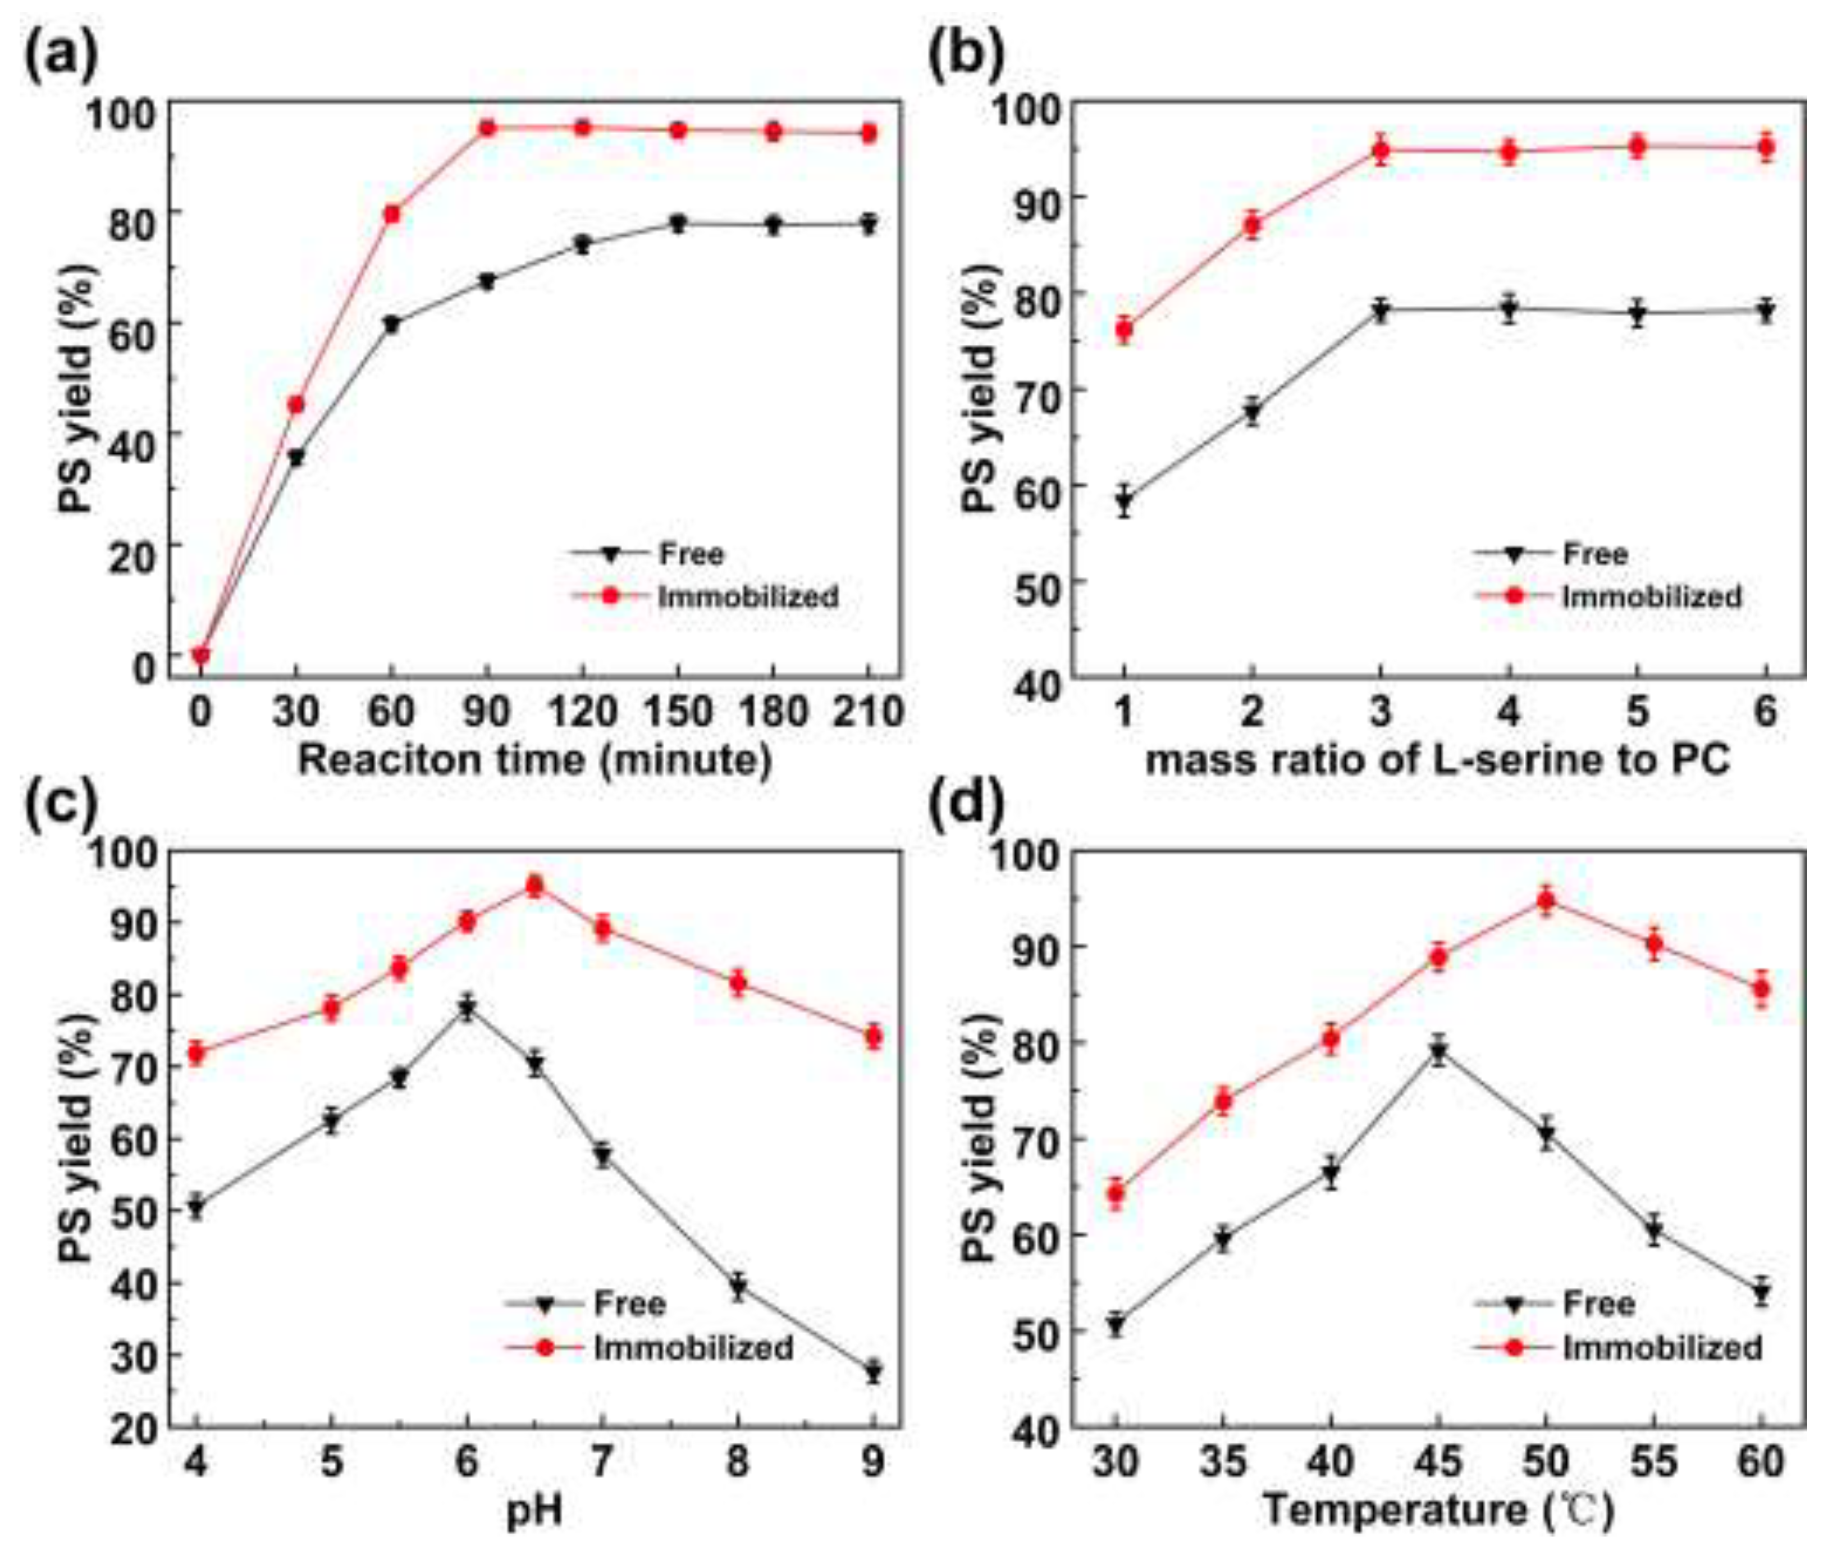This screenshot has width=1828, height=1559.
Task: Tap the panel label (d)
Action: [967, 805]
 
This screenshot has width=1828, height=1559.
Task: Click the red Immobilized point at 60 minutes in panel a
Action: [392, 215]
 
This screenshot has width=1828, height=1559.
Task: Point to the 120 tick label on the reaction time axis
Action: [582, 711]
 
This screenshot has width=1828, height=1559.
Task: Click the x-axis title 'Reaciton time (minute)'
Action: [534, 759]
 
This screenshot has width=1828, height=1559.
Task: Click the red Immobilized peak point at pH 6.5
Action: [534, 885]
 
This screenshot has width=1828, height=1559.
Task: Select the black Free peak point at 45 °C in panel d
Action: [1438, 1052]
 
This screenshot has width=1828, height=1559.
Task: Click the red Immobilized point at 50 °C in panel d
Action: [1546, 901]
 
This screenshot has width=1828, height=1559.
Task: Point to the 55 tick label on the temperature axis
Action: [1653, 1462]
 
